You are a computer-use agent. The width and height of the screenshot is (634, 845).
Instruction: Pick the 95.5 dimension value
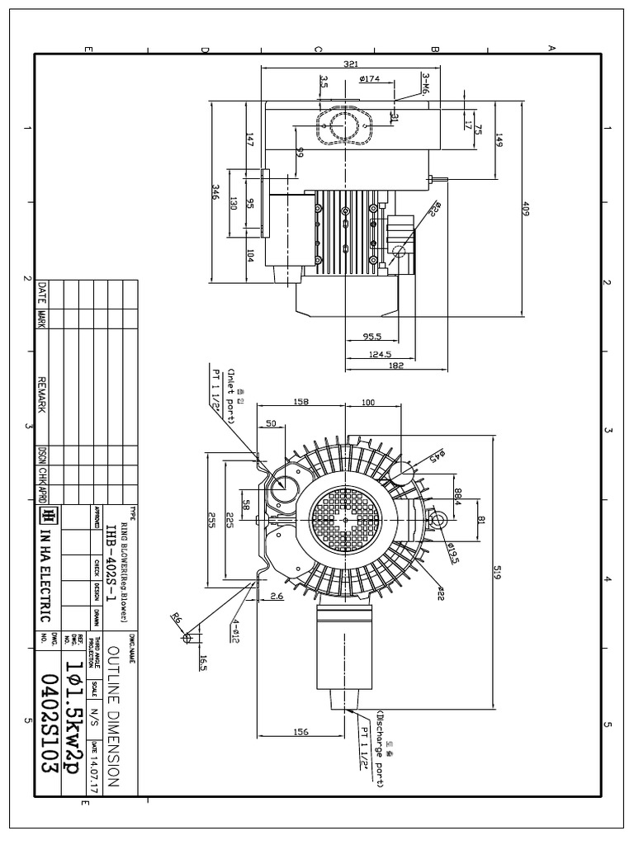point(372,337)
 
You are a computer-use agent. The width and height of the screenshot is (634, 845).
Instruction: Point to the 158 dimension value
point(301,402)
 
